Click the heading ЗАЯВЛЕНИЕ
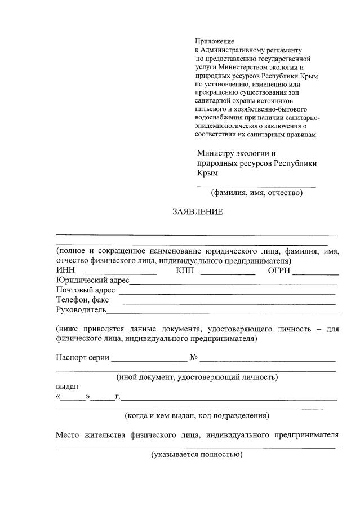pyautogui.click(x=197, y=212)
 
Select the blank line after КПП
pyautogui.click(x=228, y=273)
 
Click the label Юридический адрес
pyautogui.click(x=93, y=281)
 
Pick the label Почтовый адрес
pyautogui.click(x=86, y=290)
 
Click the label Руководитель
pyautogui.click(x=81, y=309)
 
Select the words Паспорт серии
pyautogui.click(x=82, y=357)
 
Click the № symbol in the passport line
pyautogui.click(x=193, y=357)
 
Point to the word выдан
pyautogui.click(x=67, y=387)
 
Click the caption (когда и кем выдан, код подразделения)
pyautogui.click(x=197, y=416)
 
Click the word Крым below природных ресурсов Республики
pyautogui.click(x=207, y=173)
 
